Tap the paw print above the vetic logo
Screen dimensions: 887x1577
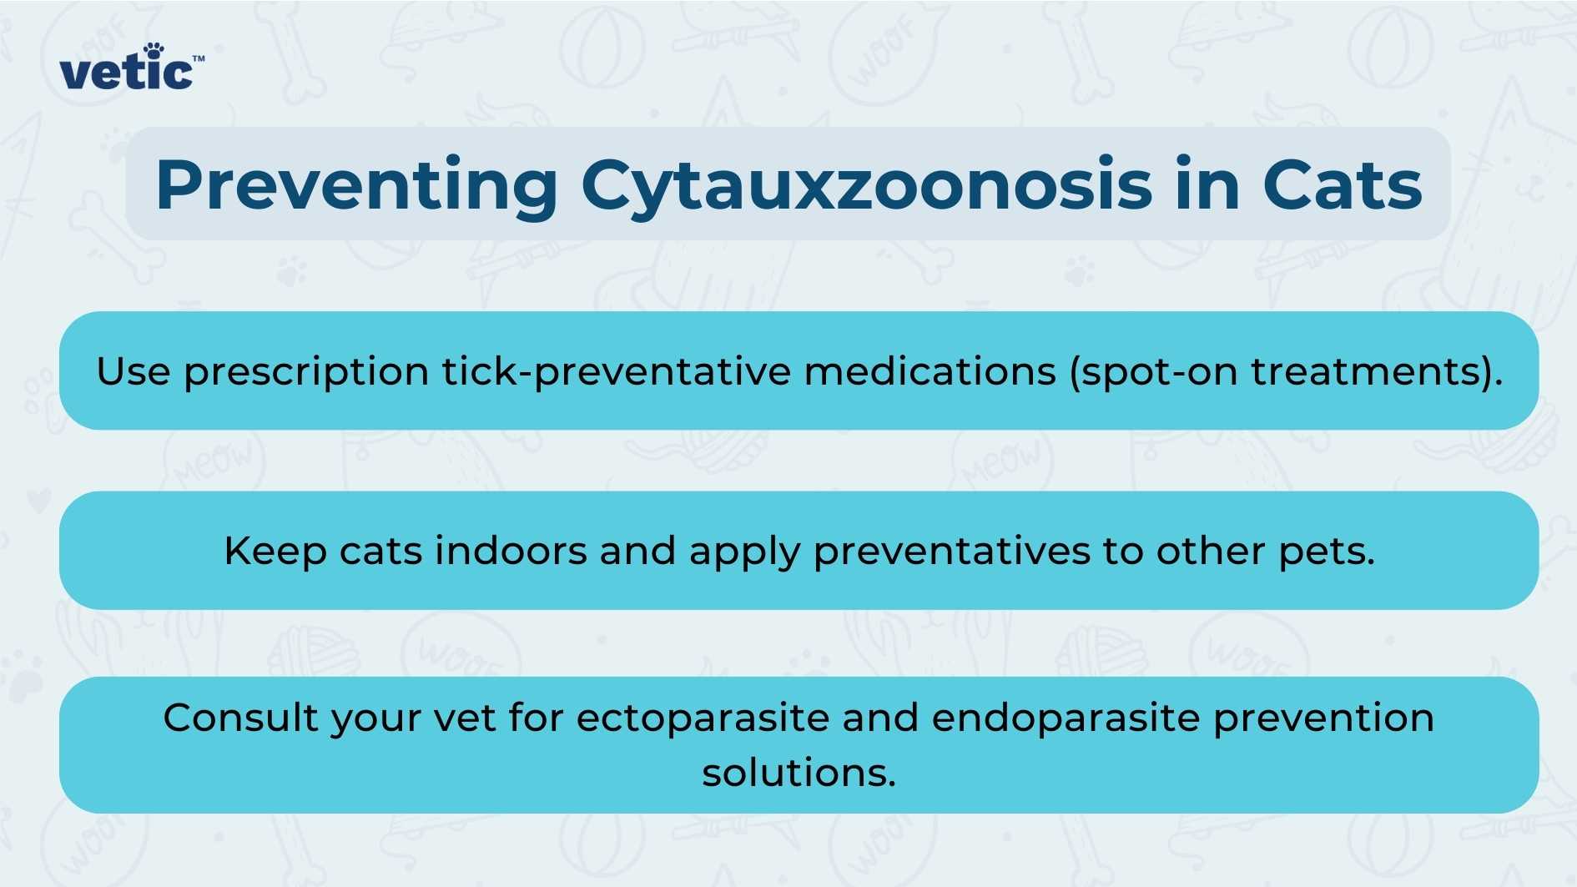(154, 50)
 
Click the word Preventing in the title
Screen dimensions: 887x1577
(356, 185)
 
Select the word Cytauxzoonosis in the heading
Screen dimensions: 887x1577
(867, 185)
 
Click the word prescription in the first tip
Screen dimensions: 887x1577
(306, 372)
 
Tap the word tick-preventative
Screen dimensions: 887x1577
(616, 371)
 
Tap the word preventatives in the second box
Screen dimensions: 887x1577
(952, 552)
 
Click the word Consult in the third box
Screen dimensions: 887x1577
(240, 718)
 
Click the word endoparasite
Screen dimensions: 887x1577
(1066, 718)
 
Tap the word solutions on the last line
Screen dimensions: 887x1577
(799, 773)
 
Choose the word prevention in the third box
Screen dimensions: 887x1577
(1323, 718)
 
